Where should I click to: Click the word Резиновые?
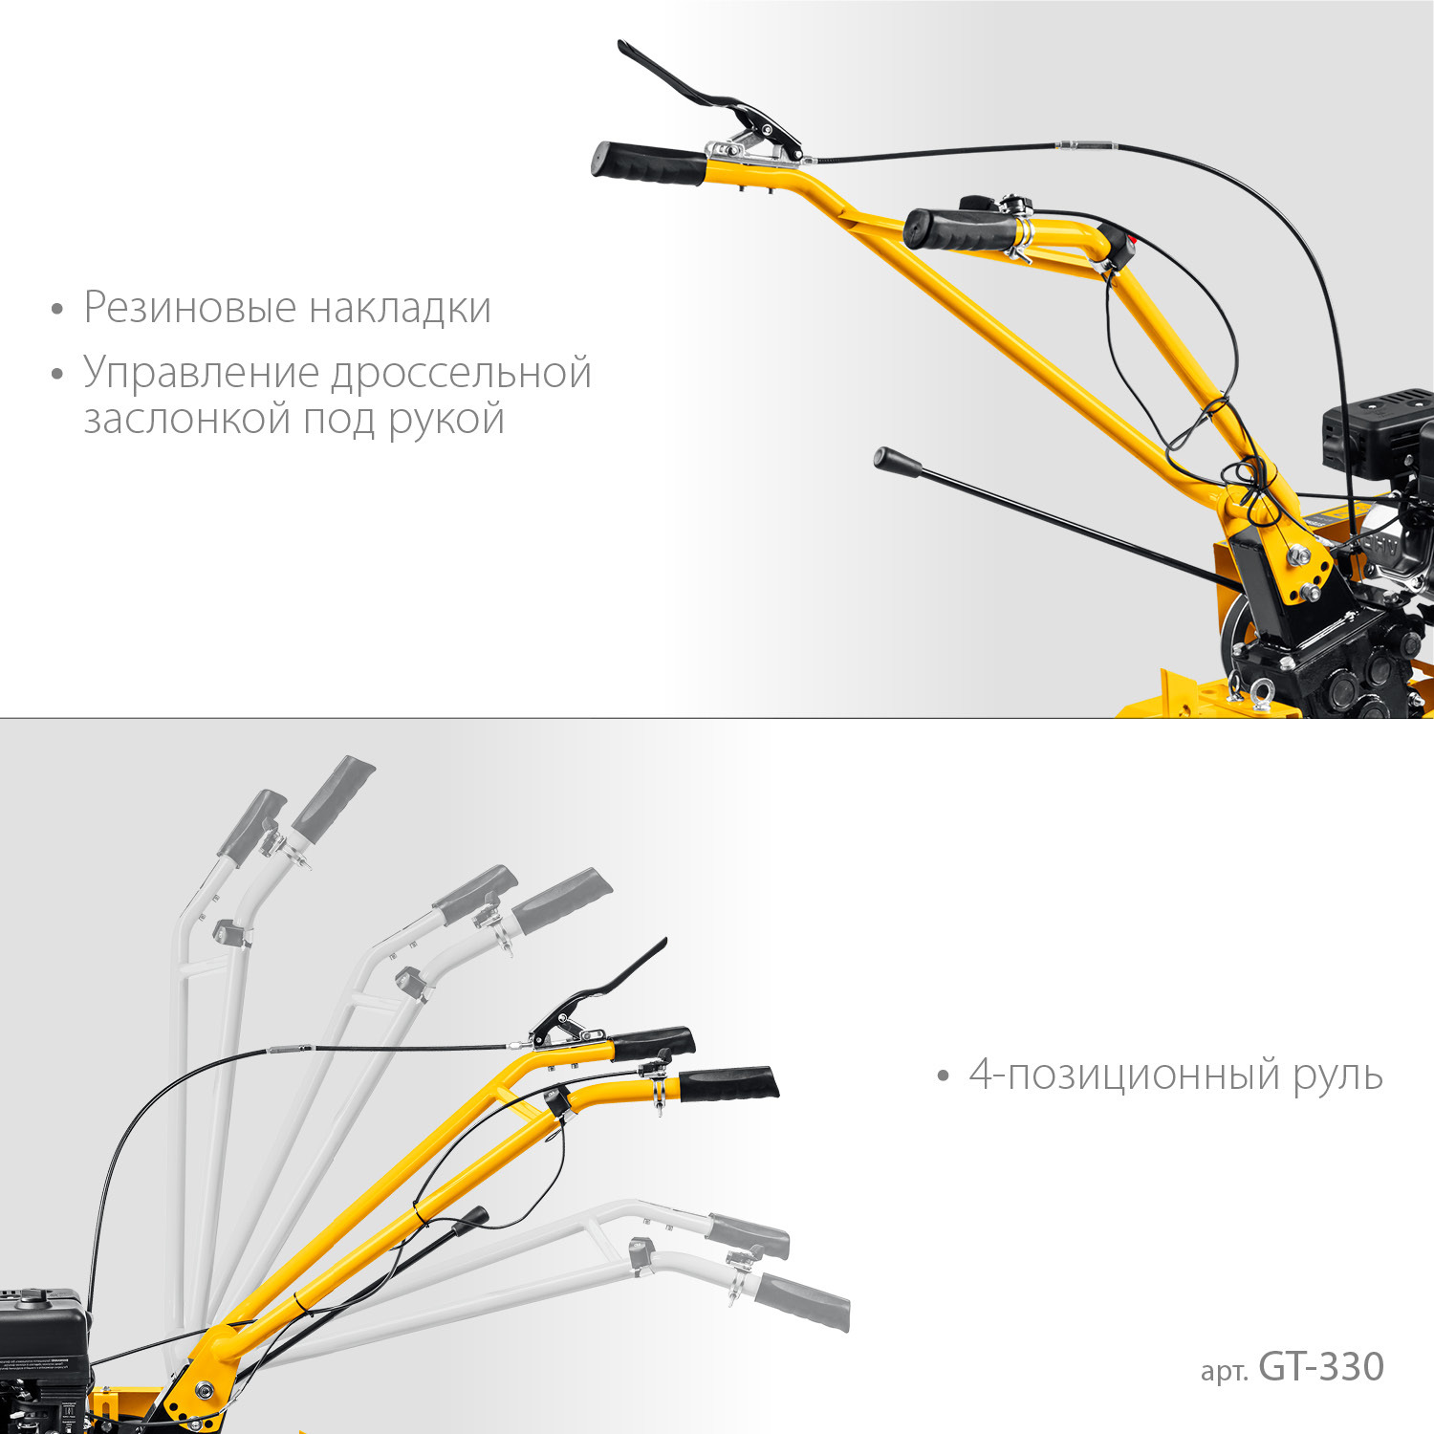pyautogui.click(x=189, y=308)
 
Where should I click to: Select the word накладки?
pyautogui.click(x=400, y=308)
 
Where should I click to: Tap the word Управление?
pyautogui.click(x=201, y=373)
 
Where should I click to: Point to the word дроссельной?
pyautogui.click(x=462, y=373)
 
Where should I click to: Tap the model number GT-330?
pyautogui.click(x=1322, y=1367)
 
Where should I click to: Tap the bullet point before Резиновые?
pyautogui.click(x=58, y=310)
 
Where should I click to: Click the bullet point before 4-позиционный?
pyautogui.click(x=945, y=1077)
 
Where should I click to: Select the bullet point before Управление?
pyautogui.click(x=58, y=375)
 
